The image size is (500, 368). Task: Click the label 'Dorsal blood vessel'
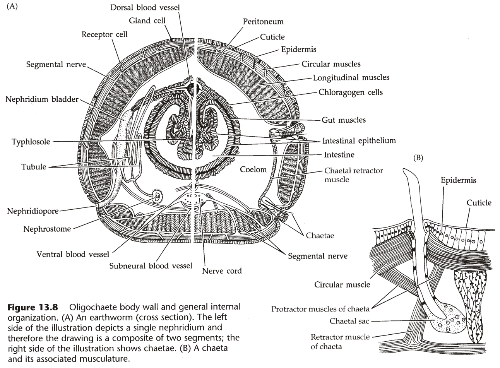click(145, 7)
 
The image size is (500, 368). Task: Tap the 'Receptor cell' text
click(104, 35)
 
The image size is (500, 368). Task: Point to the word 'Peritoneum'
click(263, 22)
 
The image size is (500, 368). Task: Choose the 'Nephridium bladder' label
click(42, 99)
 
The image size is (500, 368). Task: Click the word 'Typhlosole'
click(31, 142)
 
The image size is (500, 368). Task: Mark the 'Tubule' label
click(34, 167)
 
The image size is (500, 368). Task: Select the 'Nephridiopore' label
click(33, 211)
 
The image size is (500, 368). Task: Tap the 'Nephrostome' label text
click(47, 229)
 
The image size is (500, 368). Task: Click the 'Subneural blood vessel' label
click(151, 266)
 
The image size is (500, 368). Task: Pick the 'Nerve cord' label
click(222, 270)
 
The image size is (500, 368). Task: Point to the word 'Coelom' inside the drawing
click(253, 169)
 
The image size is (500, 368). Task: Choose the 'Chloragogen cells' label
click(351, 92)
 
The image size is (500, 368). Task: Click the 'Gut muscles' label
click(344, 120)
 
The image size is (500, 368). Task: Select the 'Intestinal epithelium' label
click(359, 140)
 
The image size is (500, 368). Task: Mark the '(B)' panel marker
click(418, 157)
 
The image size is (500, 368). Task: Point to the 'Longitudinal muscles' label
click(351, 77)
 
